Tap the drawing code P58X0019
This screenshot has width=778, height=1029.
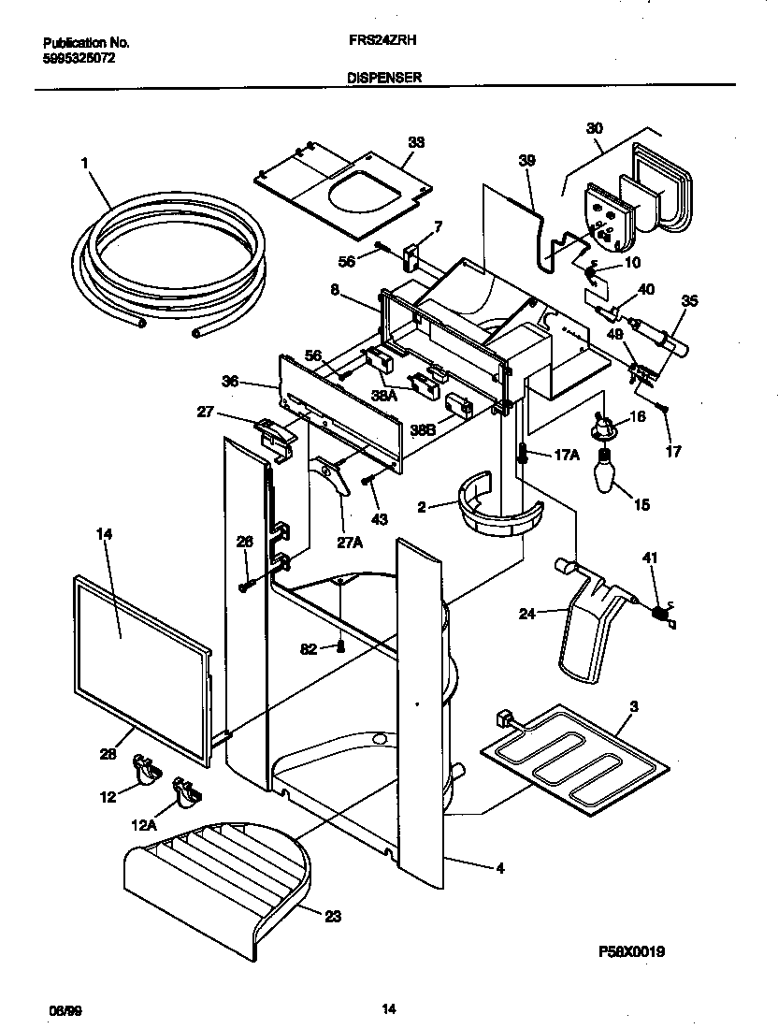click(x=632, y=952)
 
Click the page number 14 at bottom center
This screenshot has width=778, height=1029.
click(x=389, y=1008)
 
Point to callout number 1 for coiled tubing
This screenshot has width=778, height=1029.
click(x=84, y=163)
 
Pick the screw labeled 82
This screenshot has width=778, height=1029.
click(x=342, y=646)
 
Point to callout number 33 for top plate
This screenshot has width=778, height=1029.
click(x=416, y=142)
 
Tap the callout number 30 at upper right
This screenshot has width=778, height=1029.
click(x=594, y=128)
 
